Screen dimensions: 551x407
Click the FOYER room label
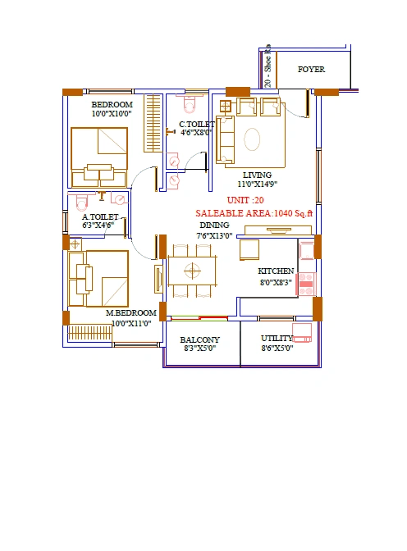pos(311,70)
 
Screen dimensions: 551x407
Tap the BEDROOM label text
pos(112,104)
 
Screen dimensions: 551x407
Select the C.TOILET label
pos(197,125)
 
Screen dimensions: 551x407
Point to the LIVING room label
pos(257,175)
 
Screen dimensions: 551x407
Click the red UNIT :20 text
pos(245,200)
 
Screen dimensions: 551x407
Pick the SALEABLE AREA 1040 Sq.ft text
pos(254,212)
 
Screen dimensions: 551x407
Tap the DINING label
pos(214,225)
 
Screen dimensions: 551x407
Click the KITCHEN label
pos(276,271)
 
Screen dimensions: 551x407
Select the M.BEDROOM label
pos(130,313)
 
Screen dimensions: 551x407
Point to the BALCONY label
pos(200,339)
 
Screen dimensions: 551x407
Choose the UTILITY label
pos(276,338)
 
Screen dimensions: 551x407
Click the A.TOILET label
pos(100,216)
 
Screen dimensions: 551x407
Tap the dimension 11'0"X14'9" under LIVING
pos(257,185)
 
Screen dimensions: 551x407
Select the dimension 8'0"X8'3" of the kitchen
pos(276,281)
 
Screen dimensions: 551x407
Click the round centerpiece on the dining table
pos(192,270)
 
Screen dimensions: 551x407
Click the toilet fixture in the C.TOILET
pos(190,105)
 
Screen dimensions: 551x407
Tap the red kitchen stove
pos(306,283)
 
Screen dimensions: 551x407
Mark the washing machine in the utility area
pos(302,330)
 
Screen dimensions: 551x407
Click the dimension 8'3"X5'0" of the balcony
pos(200,349)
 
